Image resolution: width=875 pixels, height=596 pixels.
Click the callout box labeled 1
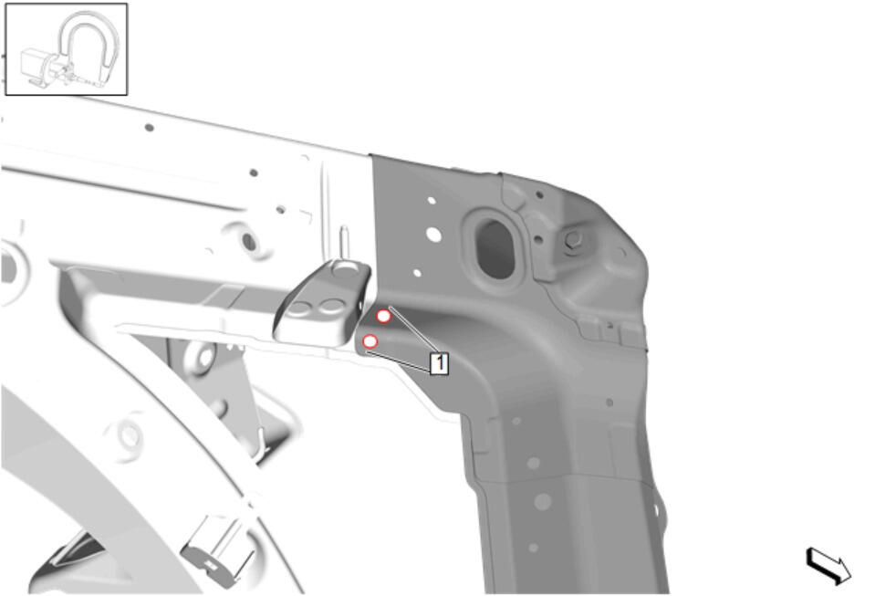[x=439, y=363]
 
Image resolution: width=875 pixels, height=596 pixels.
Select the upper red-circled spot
[x=383, y=317]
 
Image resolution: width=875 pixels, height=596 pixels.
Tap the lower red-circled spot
[x=370, y=341]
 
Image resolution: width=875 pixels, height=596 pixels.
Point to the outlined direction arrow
[x=828, y=565]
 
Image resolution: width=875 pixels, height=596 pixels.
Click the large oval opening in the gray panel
[x=495, y=249]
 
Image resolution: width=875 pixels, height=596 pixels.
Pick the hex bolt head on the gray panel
[x=573, y=240]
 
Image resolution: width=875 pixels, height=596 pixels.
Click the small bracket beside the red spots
[x=323, y=302]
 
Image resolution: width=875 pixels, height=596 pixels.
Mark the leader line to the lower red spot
[x=399, y=361]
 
